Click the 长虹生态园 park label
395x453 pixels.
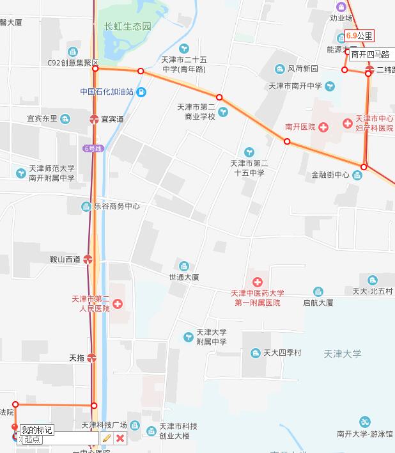(x=128, y=27)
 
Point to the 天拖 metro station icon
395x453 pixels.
(x=91, y=358)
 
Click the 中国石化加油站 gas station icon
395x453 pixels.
(x=141, y=92)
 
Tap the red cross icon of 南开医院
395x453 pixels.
(x=323, y=127)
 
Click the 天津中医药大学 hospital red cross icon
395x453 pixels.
(x=258, y=282)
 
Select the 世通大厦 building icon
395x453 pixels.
(x=184, y=266)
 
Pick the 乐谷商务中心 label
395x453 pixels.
(x=116, y=207)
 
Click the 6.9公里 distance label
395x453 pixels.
(x=359, y=36)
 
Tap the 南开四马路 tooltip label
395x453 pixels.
(x=370, y=55)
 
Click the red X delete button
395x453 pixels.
(x=120, y=438)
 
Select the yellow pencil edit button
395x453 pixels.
(x=107, y=438)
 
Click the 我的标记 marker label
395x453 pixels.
(x=36, y=430)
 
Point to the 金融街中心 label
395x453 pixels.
(x=330, y=175)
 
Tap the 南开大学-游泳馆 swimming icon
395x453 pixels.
(x=365, y=422)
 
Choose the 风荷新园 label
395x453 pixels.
(x=302, y=68)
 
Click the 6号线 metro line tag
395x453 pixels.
(x=93, y=148)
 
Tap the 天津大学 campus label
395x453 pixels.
(x=343, y=353)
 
